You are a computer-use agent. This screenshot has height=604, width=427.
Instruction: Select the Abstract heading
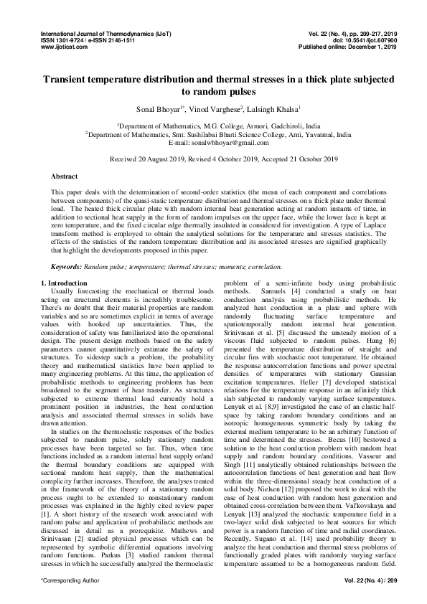tap(65, 176)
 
